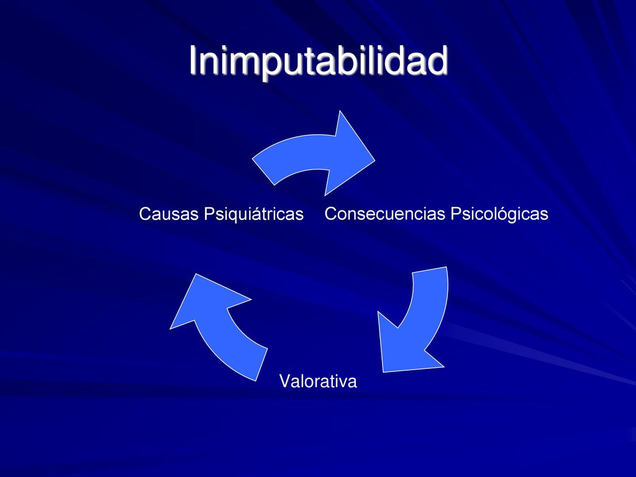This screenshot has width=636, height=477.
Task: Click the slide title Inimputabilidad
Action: coord(318,61)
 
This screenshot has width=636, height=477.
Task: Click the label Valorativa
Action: coord(318,381)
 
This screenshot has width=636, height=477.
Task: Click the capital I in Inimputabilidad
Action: coord(193,61)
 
